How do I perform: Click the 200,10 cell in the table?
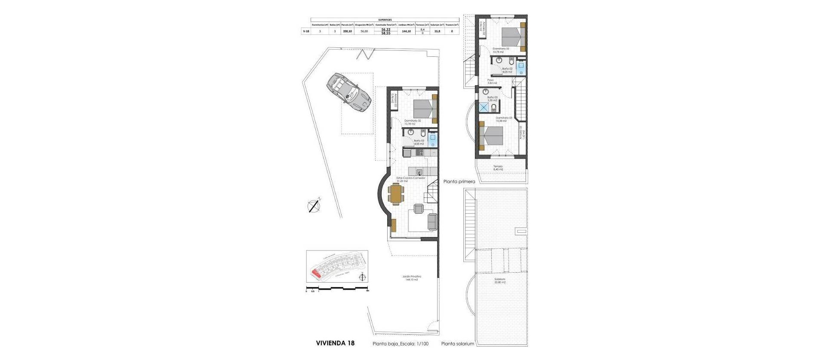pos(348,31)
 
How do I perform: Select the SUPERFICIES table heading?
pos(385,20)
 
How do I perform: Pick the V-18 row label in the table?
pos(306,31)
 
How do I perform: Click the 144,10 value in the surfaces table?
pos(406,31)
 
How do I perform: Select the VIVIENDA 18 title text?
pos(335,343)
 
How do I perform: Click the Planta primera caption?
pos(459,182)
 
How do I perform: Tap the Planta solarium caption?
pos(457,344)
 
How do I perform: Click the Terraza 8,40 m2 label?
pos(498,167)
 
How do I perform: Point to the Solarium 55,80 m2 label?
pos(499,280)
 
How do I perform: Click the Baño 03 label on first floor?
pos(492,98)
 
